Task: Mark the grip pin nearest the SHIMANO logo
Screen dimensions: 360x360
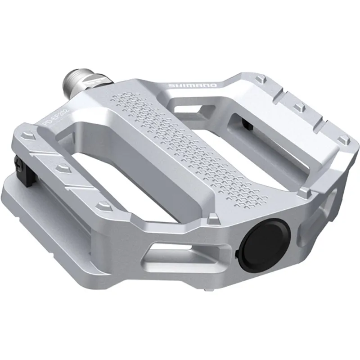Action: (261, 79)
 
